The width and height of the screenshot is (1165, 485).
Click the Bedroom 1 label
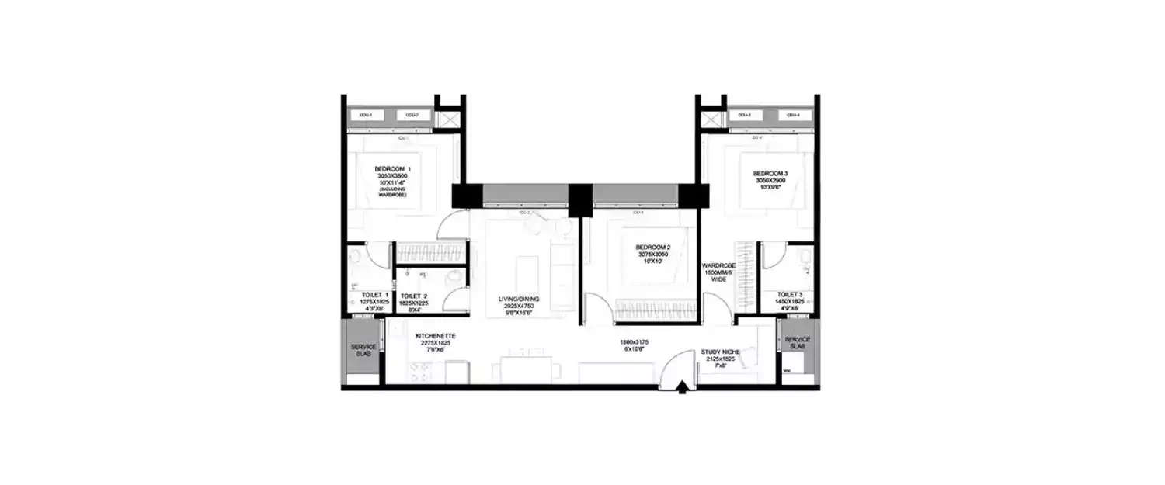point(392,169)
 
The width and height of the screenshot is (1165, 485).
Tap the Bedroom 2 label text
point(653,248)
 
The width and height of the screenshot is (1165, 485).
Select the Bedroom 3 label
point(770,173)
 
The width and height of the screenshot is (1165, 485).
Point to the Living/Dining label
point(520,298)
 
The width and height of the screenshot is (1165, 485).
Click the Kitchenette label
point(435,336)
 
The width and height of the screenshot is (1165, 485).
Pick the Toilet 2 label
point(414,296)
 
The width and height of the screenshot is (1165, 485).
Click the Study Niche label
point(720,352)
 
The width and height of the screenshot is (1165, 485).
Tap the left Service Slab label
point(363,347)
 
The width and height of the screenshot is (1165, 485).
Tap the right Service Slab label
point(798,340)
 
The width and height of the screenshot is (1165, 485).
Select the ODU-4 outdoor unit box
point(793,116)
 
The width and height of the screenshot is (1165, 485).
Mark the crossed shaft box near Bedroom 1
point(447,120)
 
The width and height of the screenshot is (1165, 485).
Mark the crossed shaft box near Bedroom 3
point(712,120)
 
